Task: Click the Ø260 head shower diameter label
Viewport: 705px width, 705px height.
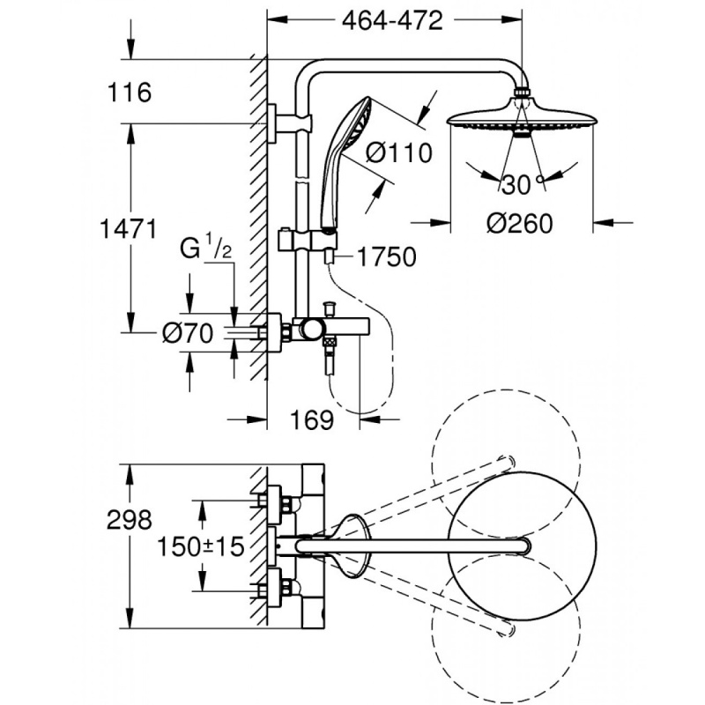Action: [x=520, y=224]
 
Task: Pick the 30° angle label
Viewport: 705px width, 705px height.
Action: [x=519, y=185]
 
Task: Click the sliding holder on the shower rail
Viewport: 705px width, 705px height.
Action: [x=292, y=238]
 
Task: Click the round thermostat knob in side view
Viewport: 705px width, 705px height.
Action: [x=310, y=330]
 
